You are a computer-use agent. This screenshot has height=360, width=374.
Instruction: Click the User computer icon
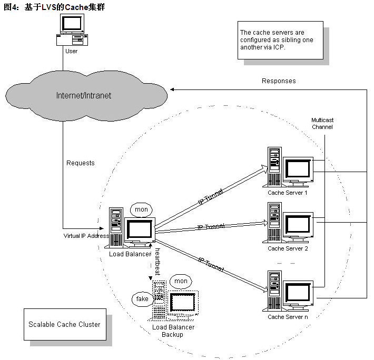72,30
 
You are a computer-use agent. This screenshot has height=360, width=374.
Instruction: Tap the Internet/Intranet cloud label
84,96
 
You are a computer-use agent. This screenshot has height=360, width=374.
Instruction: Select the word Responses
279,81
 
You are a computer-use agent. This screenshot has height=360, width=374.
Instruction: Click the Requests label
81,163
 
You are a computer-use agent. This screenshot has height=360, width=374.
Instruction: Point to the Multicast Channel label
322,123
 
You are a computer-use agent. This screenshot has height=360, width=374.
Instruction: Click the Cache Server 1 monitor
298,172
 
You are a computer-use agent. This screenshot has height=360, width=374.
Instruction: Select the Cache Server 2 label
288,248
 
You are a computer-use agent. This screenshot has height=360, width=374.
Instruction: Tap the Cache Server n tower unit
274,291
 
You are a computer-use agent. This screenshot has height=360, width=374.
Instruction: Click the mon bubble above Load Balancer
141,209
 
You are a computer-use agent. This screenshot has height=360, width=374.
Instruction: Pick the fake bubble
142,299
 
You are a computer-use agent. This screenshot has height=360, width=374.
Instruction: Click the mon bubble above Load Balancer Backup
181,281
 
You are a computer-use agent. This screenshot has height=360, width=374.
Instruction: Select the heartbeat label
158,262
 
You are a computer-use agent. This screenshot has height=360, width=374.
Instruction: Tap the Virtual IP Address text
86,236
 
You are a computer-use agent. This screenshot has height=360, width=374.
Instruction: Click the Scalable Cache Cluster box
65,324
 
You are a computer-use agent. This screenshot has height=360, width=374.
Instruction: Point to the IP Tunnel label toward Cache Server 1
211,197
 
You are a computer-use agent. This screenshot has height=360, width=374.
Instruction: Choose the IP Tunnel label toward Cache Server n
211,264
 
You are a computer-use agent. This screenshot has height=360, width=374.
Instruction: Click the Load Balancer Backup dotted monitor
183,304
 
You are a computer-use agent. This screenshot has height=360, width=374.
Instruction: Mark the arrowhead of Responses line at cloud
171,89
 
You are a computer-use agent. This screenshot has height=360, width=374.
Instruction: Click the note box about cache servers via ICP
280,40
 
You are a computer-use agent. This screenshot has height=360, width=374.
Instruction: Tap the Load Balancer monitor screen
140,229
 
